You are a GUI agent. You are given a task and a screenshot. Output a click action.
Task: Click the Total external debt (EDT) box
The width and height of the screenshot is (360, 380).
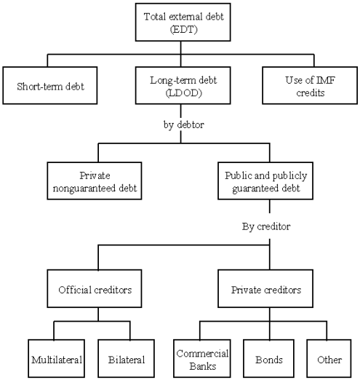pyautogui.click(x=183, y=22)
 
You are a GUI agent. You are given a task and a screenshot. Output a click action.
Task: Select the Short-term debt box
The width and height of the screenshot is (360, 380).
pyautogui.click(x=50, y=85)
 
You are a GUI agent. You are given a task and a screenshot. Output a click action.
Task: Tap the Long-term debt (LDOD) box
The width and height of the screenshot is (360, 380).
pyautogui.click(x=183, y=85)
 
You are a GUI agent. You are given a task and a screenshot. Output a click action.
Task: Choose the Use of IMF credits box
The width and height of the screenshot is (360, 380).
pyautogui.click(x=310, y=85)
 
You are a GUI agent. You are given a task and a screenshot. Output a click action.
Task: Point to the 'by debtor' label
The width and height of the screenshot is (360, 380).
pyautogui.click(x=183, y=124)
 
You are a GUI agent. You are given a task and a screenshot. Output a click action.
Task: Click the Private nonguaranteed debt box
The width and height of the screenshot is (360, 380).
pyautogui.click(x=95, y=181)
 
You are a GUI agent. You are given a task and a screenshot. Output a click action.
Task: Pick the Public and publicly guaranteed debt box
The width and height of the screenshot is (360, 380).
pyautogui.click(x=265, y=181)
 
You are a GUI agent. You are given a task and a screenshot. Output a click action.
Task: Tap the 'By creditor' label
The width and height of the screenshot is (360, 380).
pyautogui.click(x=266, y=226)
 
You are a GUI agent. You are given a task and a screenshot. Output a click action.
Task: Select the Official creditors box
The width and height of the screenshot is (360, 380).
pyautogui.click(x=95, y=288)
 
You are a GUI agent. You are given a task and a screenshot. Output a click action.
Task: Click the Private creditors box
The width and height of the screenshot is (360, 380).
pyautogui.click(x=265, y=288)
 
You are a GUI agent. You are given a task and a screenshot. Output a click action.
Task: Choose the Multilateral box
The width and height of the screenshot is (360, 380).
pyautogui.click(x=56, y=358)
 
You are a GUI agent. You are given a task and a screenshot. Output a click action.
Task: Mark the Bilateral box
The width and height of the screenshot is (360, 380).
pyautogui.click(x=126, y=358)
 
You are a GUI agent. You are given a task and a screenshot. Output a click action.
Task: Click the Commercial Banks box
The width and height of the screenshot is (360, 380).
pyautogui.click(x=202, y=358)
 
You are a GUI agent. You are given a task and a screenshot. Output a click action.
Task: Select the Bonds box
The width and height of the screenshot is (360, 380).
pyautogui.click(x=268, y=358)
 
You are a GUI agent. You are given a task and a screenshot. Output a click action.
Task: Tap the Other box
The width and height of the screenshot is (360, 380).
pyautogui.click(x=329, y=358)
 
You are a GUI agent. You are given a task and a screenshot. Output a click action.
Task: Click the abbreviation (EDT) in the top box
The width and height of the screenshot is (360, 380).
pyautogui.click(x=183, y=30)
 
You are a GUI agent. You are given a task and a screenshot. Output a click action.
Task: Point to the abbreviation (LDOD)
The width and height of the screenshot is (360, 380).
pyautogui.click(x=183, y=93)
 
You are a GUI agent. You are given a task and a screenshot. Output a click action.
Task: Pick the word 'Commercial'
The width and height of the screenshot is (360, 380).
pyautogui.click(x=202, y=353)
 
